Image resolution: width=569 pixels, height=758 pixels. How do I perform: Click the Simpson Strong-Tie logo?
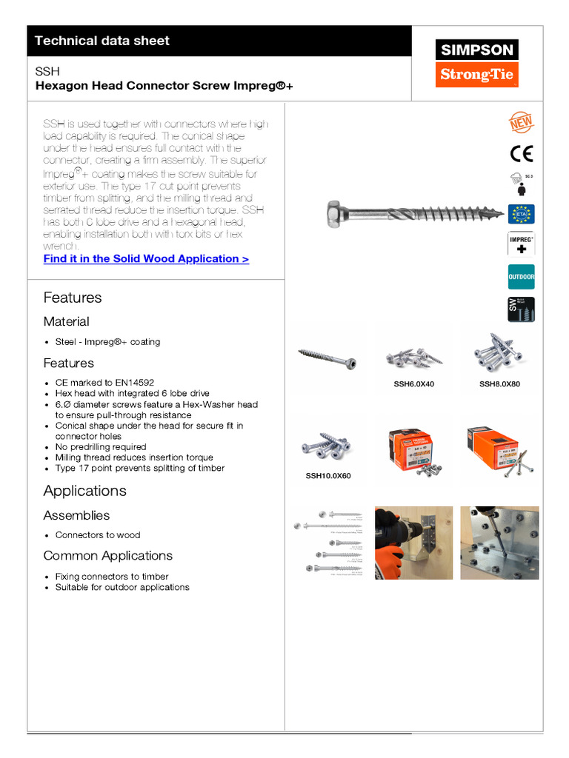[476, 63]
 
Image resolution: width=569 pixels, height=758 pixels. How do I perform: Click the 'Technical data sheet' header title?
[102, 41]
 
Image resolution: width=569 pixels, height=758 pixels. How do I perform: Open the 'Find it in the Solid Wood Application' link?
[146, 258]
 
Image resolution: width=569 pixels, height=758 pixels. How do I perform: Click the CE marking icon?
[521, 153]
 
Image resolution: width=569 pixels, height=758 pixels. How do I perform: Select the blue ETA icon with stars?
[521, 214]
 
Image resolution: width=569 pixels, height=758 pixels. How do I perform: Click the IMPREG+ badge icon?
[521, 245]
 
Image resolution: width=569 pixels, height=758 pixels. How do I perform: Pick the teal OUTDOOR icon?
[521, 277]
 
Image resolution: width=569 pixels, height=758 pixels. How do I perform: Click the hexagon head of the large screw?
[335, 215]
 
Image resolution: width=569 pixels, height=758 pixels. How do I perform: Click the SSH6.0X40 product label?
[413, 383]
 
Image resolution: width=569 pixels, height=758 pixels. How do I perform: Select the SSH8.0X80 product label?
[499, 383]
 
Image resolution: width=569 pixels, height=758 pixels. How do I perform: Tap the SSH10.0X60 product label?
[328, 476]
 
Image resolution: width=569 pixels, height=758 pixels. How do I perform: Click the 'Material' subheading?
[66, 321]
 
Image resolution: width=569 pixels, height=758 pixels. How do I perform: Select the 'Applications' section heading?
[84, 491]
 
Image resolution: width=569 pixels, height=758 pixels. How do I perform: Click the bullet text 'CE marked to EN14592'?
[104, 383]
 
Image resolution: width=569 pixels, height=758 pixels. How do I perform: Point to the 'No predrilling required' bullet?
[101, 447]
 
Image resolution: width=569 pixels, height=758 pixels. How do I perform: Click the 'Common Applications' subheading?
[107, 555]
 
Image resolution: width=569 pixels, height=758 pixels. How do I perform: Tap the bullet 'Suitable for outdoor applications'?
[122, 587]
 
